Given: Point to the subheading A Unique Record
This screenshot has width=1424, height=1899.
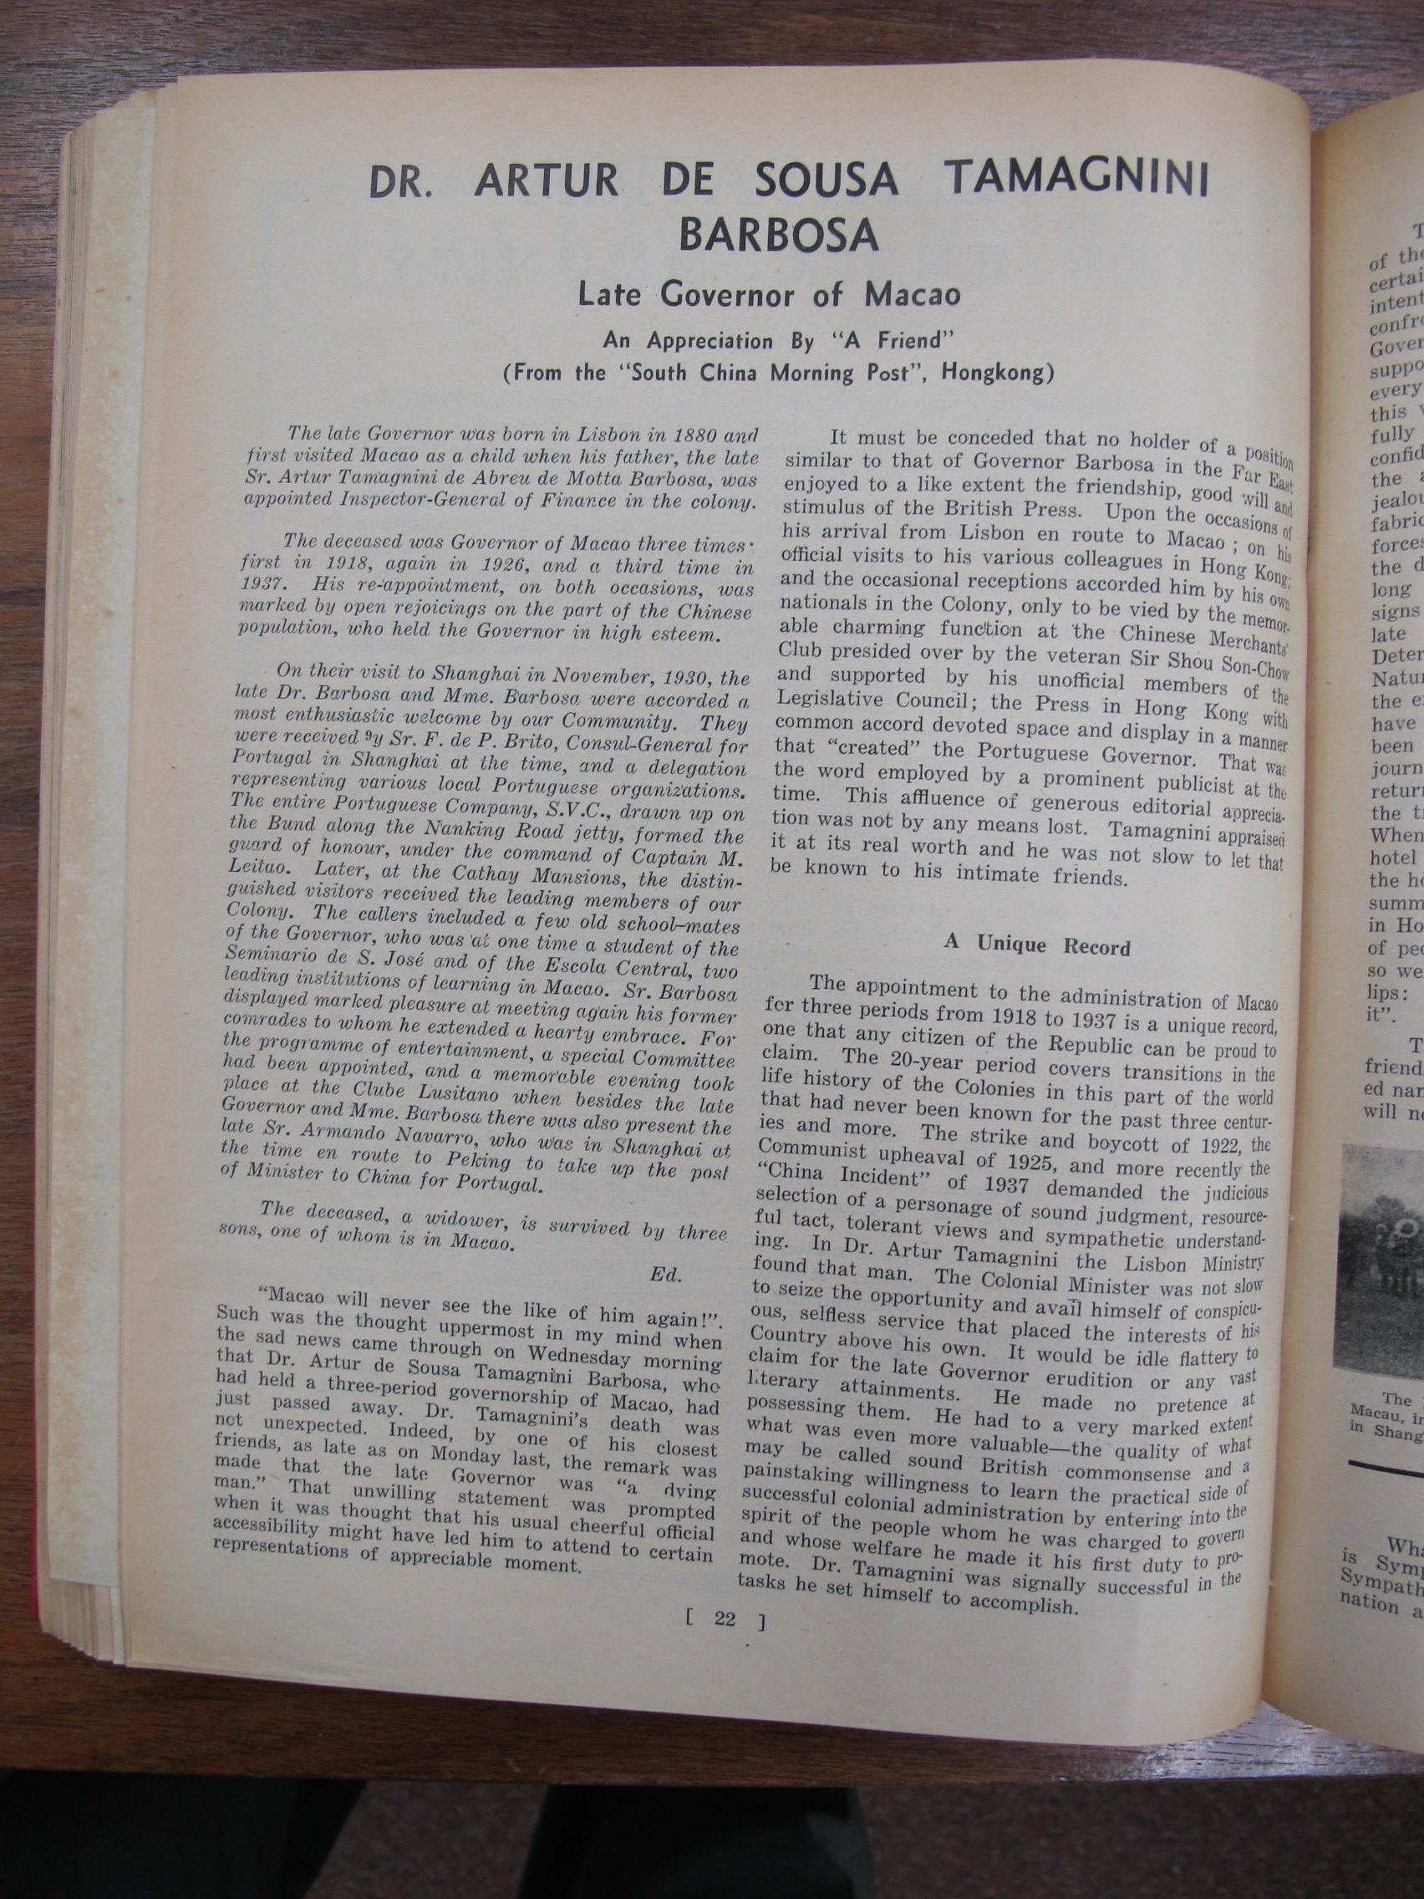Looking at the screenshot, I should [1036, 945].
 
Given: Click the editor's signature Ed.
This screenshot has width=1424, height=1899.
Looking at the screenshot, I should [666, 1275].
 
